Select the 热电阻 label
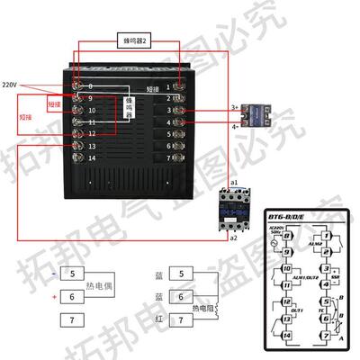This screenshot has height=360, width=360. point(212,307)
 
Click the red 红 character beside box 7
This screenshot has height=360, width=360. point(159,319)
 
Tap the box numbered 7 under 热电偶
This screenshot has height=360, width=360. point(73,319)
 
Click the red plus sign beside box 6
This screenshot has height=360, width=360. point(54,296)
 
